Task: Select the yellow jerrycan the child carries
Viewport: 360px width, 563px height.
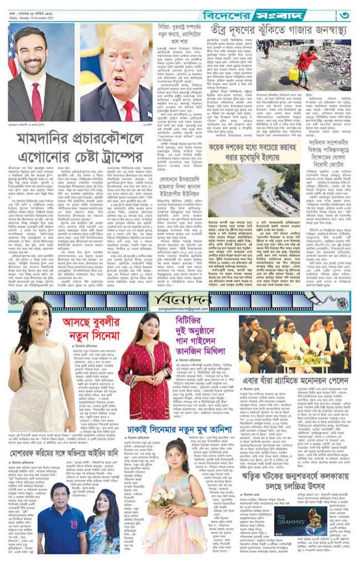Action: [294, 74]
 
